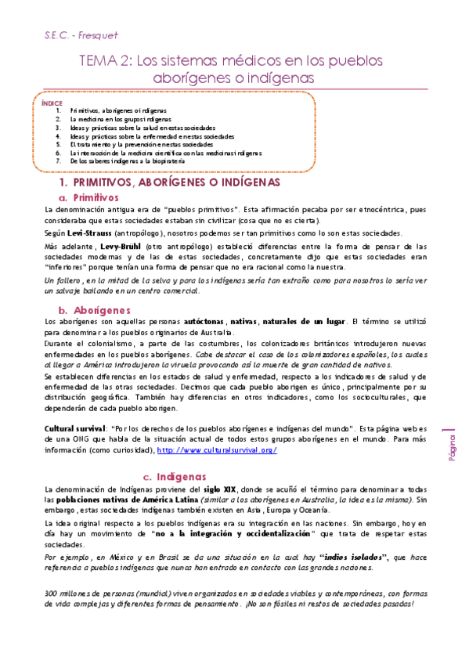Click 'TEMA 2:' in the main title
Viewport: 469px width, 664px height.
[x=105, y=60]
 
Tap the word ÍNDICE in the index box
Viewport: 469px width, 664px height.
[x=52, y=103]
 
